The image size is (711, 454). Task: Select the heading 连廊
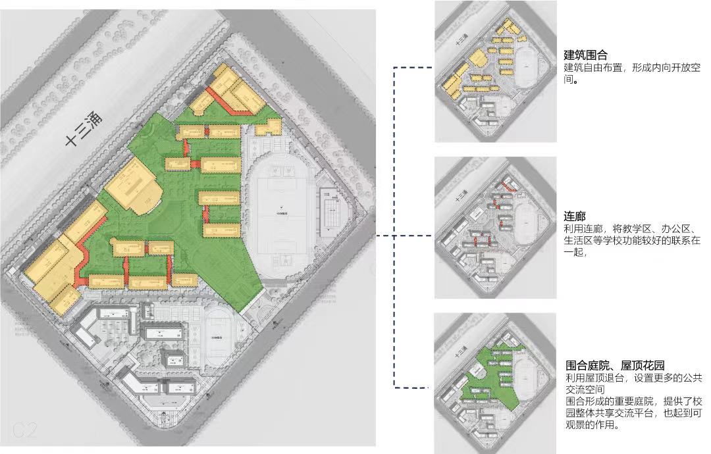(575, 216)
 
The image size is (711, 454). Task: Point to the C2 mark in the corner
(24, 431)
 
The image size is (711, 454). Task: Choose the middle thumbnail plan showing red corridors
(496, 227)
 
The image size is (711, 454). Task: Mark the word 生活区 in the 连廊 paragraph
(580, 241)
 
